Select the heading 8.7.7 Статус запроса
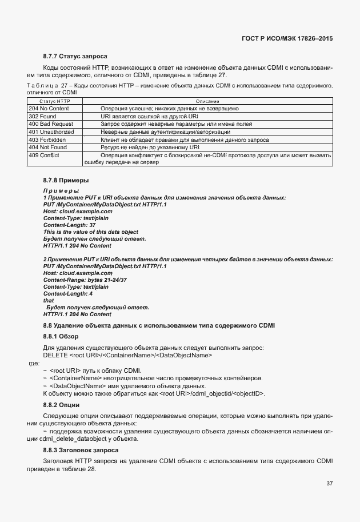pos(75,56)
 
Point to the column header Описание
pos(207,101)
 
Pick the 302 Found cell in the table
pos(42,115)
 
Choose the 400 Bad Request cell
pos(51,123)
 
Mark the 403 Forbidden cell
pos(47,139)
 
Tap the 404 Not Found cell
pos(47,147)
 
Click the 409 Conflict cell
pos(45,155)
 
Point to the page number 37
pos(329,483)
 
